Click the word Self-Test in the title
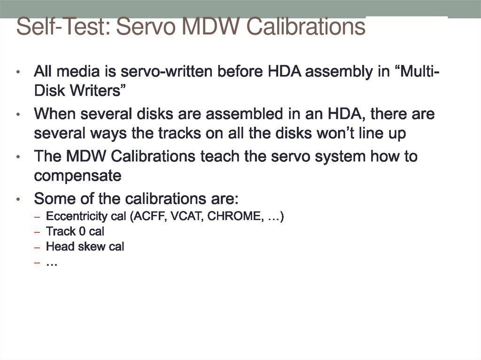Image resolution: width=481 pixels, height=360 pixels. coord(62,26)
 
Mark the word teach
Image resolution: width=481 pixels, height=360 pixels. coord(218,156)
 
